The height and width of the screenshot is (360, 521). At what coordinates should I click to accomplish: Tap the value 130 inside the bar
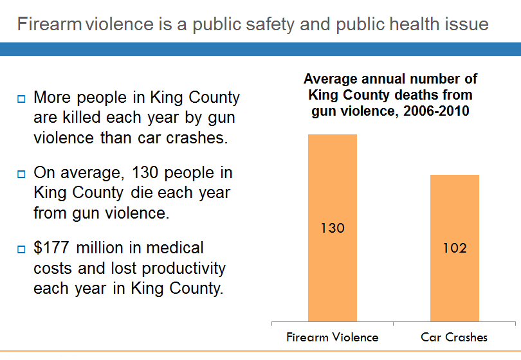point(333,228)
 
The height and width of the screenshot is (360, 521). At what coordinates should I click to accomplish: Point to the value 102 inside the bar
point(455,248)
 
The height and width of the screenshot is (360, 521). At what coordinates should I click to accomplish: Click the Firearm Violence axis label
point(333,337)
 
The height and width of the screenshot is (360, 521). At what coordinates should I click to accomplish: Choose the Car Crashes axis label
point(454,337)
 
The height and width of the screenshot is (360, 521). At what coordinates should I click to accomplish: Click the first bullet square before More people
point(21,99)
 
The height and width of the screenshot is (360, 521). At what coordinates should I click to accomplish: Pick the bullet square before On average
point(21,174)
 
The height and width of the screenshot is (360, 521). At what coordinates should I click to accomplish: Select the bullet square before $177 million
point(21,248)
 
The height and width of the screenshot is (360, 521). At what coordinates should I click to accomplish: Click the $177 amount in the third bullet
point(50,248)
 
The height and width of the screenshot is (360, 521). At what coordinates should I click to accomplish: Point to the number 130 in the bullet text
point(142,173)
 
